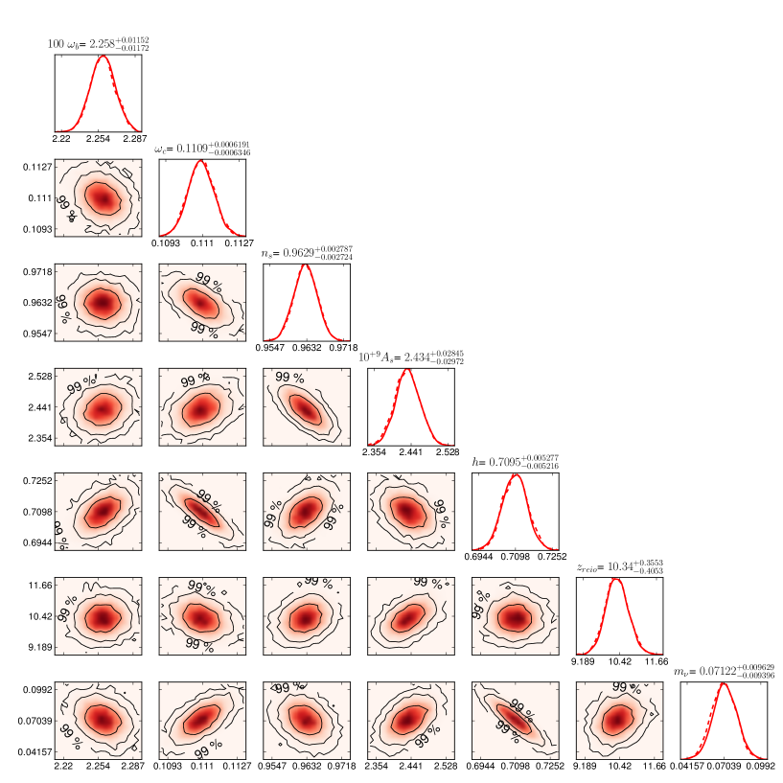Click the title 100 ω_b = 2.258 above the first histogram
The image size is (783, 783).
(x=99, y=43)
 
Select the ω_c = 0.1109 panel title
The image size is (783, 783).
(x=201, y=149)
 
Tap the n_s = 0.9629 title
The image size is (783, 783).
(x=306, y=253)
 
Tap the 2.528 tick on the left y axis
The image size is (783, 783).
(x=39, y=376)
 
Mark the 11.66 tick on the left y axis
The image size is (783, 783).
(x=39, y=585)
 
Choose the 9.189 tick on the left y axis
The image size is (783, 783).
(x=39, y=648)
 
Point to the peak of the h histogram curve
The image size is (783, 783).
(x=516, y=475)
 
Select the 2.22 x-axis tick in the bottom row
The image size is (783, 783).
(x=63, y=767)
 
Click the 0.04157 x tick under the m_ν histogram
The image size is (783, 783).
(x=690, y=767)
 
